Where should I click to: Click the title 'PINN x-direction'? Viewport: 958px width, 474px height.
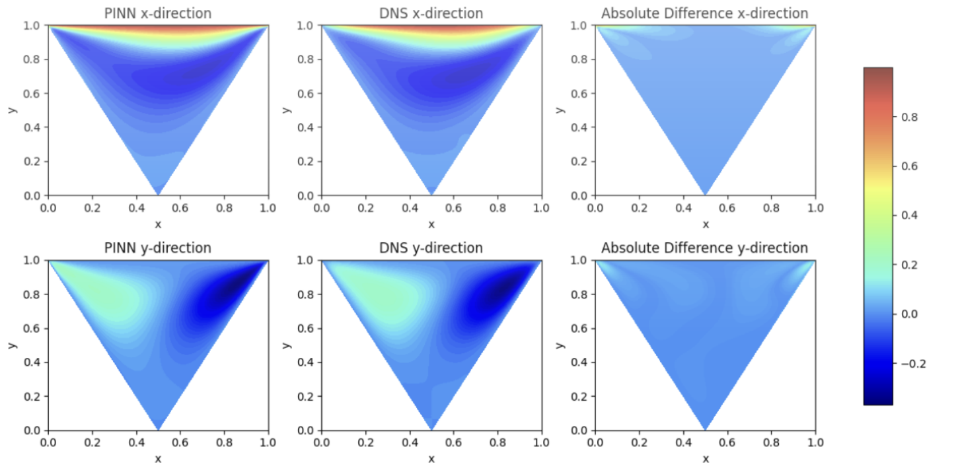[x=158, y=13]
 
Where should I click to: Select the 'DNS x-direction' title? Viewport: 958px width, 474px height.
[x=431, y=13]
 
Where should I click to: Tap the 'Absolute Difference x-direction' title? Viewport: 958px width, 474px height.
[x=705, y=13]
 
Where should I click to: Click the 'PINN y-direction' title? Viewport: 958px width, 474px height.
[x=158, y=248]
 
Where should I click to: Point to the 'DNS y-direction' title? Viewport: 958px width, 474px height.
[x=431, y=248]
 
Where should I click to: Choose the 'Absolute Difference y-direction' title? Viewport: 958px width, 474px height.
[x=705, y=248]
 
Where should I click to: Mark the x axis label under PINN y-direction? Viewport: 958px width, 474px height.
[x=158, y=459]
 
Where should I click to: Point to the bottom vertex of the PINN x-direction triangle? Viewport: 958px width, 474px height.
[x=158, y=194]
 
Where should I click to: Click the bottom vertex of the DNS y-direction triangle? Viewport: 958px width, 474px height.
[x=431, y=429]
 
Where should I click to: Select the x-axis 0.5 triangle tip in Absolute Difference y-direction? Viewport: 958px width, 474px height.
[x=706, y=429]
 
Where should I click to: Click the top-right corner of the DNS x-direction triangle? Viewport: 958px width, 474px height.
[x=540, y=26]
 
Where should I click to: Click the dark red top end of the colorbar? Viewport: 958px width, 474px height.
[x=878, y=71]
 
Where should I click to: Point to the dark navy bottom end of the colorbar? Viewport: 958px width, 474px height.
[x=878, y=401]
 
